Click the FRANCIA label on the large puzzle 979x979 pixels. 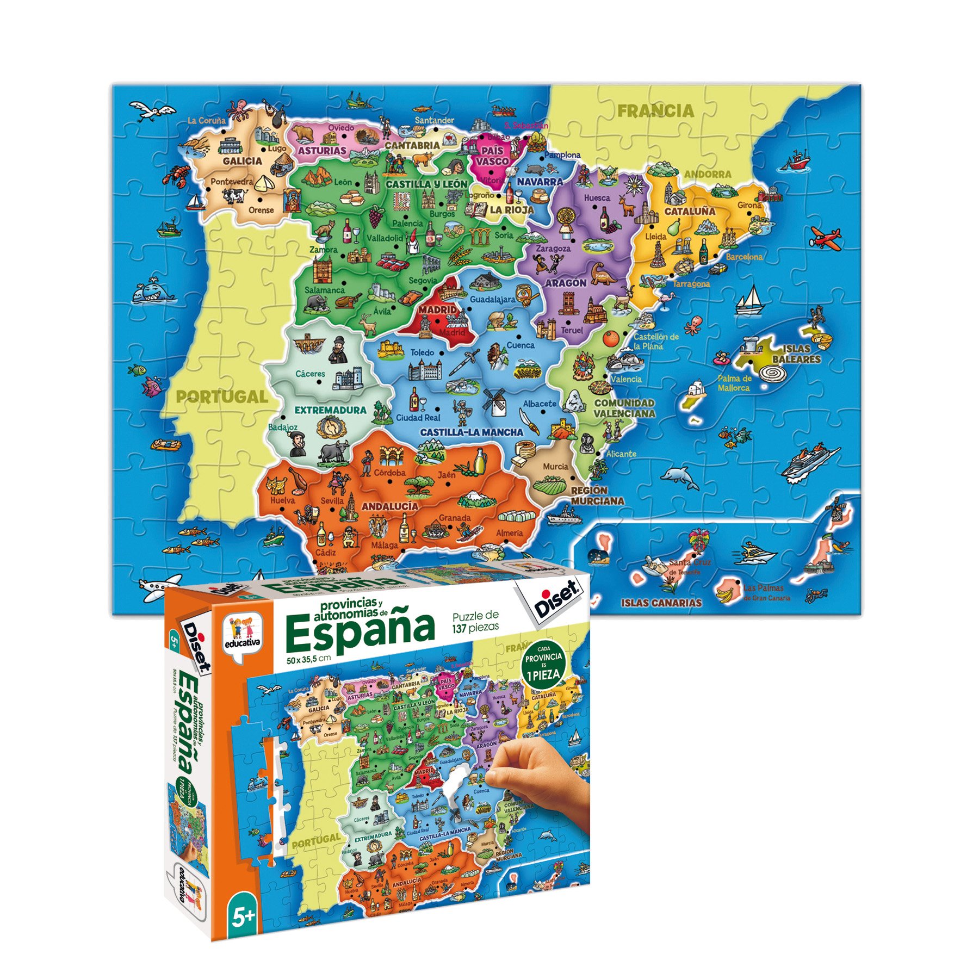pyautogui.click(x=655, y=111)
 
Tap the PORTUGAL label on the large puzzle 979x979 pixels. pyautogui.click(x=222, y=397)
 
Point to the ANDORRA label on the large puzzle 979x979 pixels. pyautogui.click(x=708, y=174)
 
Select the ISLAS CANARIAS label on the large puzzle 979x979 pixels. pyautogui.click(x=661, y=603)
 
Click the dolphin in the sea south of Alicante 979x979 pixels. pyautogui.click(x=679, y=477)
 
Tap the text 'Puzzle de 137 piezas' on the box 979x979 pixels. pyautogui.click(x=475, y=621)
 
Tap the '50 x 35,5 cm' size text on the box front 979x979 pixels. pyautogui.click(x=308, y=660)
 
